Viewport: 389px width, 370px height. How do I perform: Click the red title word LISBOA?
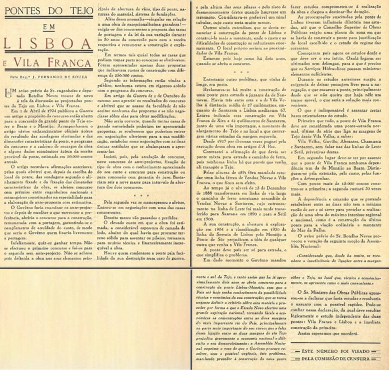coord(48,44)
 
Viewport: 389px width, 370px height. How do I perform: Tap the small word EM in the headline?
coord(49,27)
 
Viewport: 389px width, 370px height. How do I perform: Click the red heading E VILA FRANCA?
coord(48,62)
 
